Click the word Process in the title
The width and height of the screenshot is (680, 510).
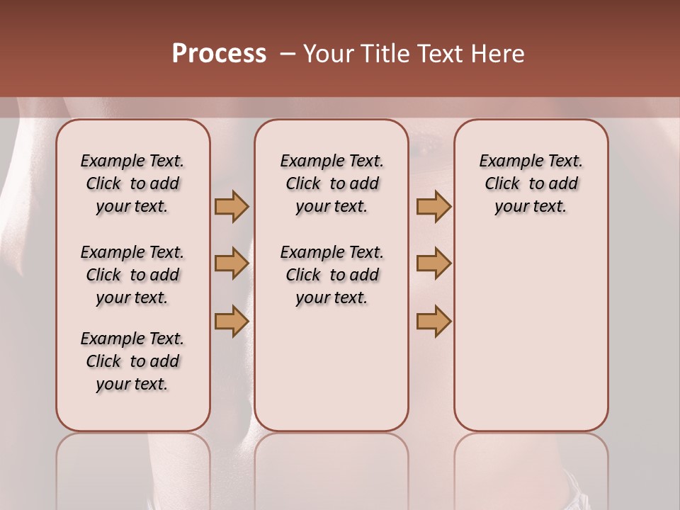tap(219, 53)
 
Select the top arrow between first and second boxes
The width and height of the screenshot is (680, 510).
tap(232, 207)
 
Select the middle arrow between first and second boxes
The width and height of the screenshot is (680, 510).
tap(232, 263)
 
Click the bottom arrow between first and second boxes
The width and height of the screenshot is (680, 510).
tap(232, 321)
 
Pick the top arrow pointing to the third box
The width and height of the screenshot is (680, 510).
tap(433, 207)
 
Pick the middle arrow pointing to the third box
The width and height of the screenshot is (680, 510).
tap(433, 263)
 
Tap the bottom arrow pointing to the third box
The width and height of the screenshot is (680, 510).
tap(433, 321)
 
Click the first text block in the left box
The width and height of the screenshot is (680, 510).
tap(132, 183)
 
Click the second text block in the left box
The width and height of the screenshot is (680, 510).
tap(132, 275)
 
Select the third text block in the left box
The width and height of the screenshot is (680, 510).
tap(132, 361)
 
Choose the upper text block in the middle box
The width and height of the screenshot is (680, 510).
tap(331, 183)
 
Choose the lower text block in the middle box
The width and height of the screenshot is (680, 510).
tap(331, 275)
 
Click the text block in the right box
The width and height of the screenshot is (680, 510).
tap(531, 183)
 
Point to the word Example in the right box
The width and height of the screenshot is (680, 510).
tap(505, 161)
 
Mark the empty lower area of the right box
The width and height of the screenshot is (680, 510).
tap(531, 333)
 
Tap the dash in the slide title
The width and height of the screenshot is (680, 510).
tap(288, 54)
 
